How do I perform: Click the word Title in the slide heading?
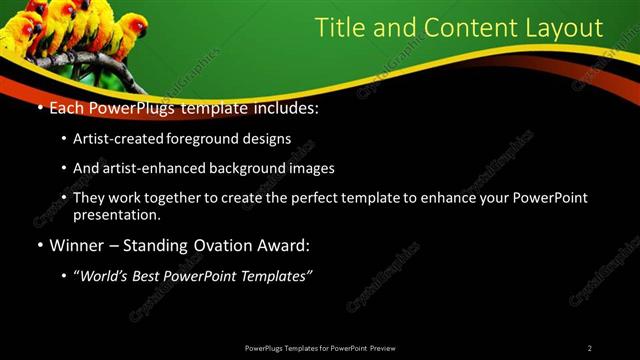tap(340, 27)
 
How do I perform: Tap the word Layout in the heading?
tap(567, 27)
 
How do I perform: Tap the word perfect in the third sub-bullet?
tap(313, 198)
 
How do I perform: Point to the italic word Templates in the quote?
tap(275, 275)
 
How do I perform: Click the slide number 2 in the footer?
tap(590, 348)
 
